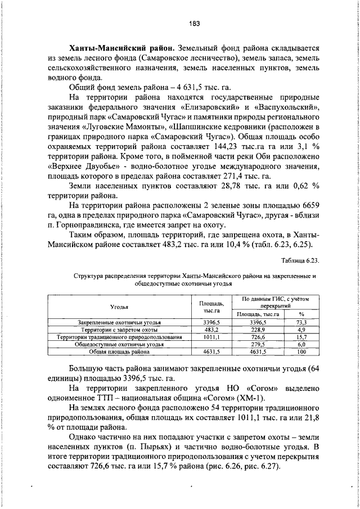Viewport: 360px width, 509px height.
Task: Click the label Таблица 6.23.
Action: pos(300,260)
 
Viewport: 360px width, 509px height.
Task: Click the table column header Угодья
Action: pos(119,307)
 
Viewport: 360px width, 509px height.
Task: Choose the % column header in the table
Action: pos(301,314)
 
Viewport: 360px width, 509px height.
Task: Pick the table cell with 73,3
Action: pos(301,322)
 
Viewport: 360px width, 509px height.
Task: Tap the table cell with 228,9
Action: pos(258,330)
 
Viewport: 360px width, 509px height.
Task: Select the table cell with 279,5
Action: pos(258,344)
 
